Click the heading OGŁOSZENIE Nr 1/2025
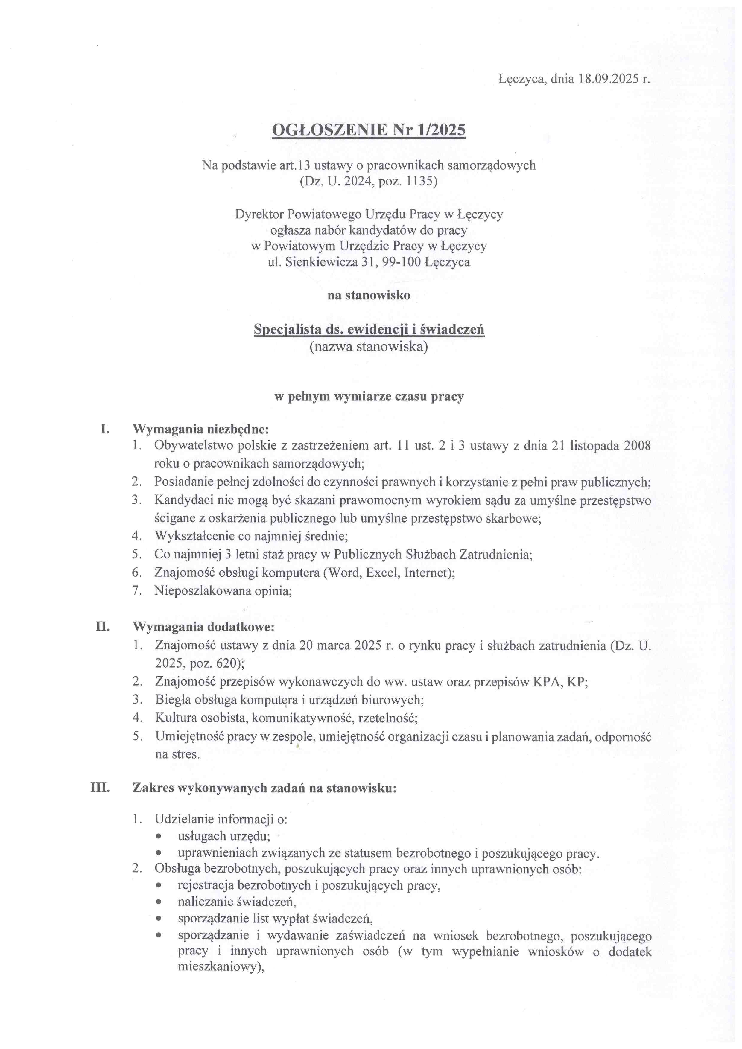tap(369, 131)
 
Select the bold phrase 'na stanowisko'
tap(369, 295)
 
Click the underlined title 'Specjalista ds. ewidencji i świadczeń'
tap(369, 329)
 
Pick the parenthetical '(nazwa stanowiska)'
tap(369, 347)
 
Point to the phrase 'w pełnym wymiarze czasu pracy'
tap(369, 397)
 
